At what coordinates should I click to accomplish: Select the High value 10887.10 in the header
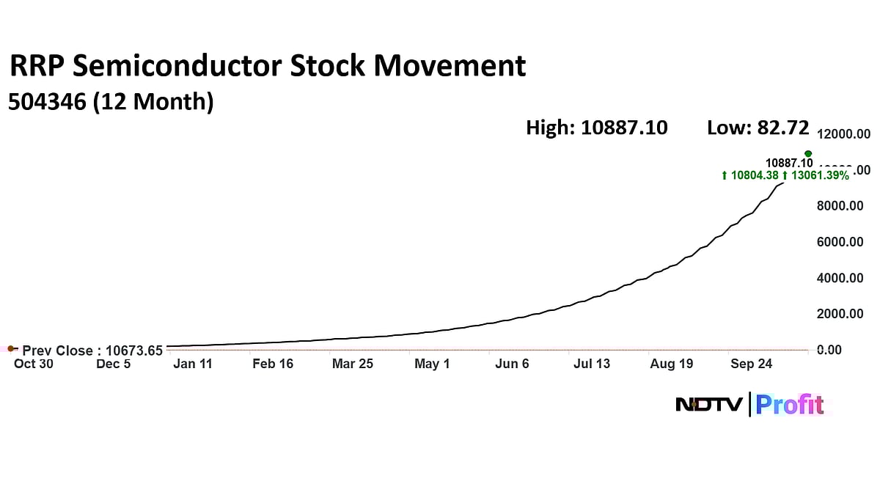(624, 128)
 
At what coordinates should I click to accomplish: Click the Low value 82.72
(781, 128)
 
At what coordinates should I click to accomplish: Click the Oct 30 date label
(34, 364)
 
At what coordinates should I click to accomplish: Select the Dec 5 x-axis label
(113, 364)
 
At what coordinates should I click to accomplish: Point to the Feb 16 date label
(272, 364)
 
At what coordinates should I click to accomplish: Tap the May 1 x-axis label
(432, 364)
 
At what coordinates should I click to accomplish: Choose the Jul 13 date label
(591, 364)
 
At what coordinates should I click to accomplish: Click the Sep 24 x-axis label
(751, 364)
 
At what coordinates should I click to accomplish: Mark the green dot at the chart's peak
(808, 154)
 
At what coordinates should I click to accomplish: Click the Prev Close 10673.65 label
(92, 351)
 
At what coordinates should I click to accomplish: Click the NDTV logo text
(709, 404)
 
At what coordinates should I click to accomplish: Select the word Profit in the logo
(790, 405)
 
